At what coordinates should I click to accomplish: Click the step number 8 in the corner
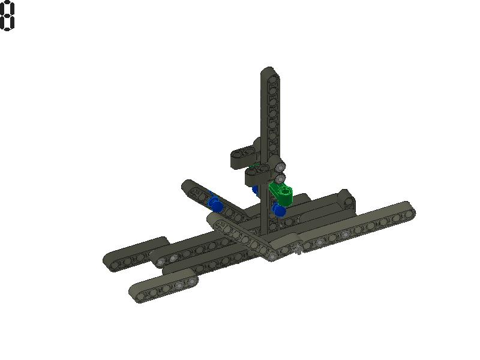(7, 16)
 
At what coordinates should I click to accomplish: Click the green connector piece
(281, 194)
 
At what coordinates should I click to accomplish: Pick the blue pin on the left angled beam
(215, 205)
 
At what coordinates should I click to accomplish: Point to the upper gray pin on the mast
(280, 166)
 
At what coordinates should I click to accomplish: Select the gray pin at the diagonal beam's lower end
(273, 256)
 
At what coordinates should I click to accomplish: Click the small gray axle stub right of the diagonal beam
(298, 251)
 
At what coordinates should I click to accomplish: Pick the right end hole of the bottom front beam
(191, 280)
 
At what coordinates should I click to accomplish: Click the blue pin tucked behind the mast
(256, 190)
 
